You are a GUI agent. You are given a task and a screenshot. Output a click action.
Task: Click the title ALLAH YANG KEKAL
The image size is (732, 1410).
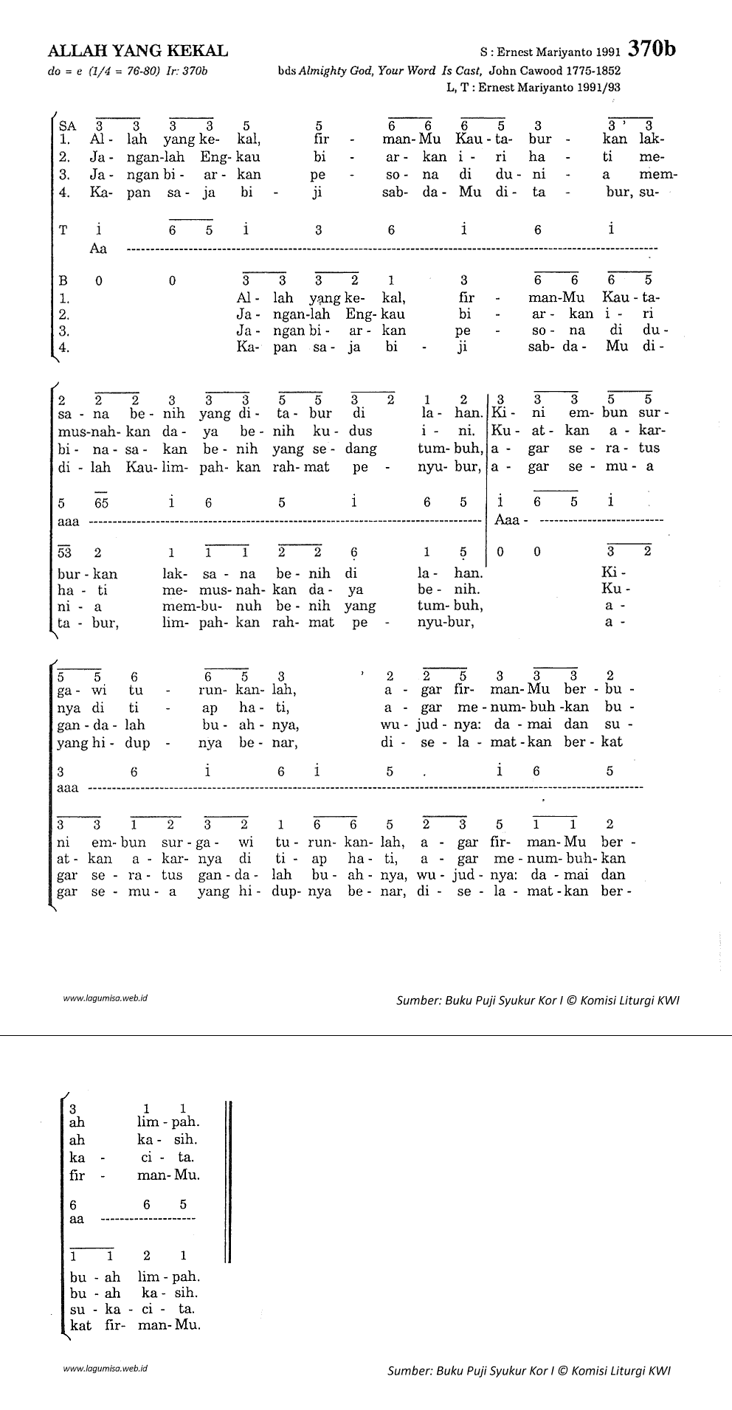[x=138, y=51]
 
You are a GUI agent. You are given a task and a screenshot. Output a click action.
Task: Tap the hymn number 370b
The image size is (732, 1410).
[x=652, y=49]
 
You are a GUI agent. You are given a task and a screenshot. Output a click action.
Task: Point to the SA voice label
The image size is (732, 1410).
[x=67, y=126]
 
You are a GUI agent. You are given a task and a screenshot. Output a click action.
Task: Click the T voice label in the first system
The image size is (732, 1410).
[x=63, y=230]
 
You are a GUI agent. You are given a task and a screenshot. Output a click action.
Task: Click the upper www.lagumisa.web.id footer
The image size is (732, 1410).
[x=106, y=998]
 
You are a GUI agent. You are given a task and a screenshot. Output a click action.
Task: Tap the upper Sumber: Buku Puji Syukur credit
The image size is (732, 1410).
[x=537, y=1001]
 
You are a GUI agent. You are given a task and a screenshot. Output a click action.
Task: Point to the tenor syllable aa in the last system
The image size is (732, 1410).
[x=77, y=1219]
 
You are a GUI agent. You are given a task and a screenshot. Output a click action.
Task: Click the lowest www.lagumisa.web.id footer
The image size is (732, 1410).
[x=106, y=1367]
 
